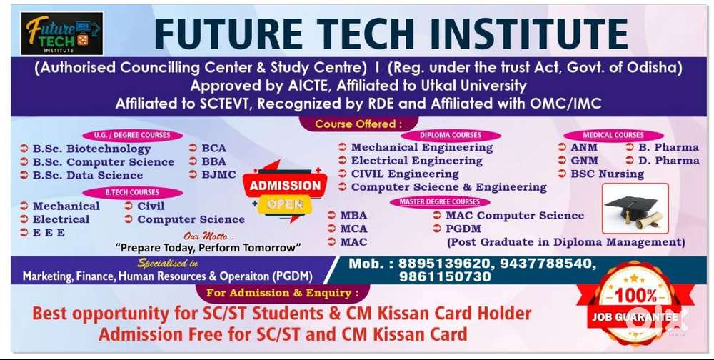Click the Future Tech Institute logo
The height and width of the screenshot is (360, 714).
pyautogui.click(x=62, y=34)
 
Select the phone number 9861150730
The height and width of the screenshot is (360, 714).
pyautogui.click(x=445, y=276)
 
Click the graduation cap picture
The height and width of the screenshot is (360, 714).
pyautogui.click(x=635, y=209)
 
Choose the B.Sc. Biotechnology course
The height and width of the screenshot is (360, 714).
pyautogui.click(x=91, y=149)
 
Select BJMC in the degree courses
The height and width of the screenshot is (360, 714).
pyautogui.click(x=219, y=174)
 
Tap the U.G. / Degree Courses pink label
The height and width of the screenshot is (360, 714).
pyautogui.click(x=132, y=135)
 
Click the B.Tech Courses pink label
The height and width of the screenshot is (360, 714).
pyautogui.click(x=132, y=192)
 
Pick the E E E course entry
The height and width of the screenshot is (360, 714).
pyautogui.click(x=49, y=232)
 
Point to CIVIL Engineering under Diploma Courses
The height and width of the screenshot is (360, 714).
pyautogui.click(x=405, y=174)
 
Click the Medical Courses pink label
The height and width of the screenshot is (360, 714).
pyautogui.click(x=613, y=135)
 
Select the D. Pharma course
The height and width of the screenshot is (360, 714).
pyautogui.click(x=668, y=161)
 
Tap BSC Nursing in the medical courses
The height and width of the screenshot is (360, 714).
pyautogui.click(x=607, y=174)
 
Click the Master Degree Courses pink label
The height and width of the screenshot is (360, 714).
pyautogui.click(x=440, y=202)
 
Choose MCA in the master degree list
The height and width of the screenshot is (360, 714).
pyautogui.click(x=354, y=229)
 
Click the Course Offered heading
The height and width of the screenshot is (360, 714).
pyautogui.click(x=358, y=124)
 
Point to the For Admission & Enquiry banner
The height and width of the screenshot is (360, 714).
pyautogui.click(x=282, y=293)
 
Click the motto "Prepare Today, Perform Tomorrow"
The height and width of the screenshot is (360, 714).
pyautogui.click(x=208, y=248)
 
